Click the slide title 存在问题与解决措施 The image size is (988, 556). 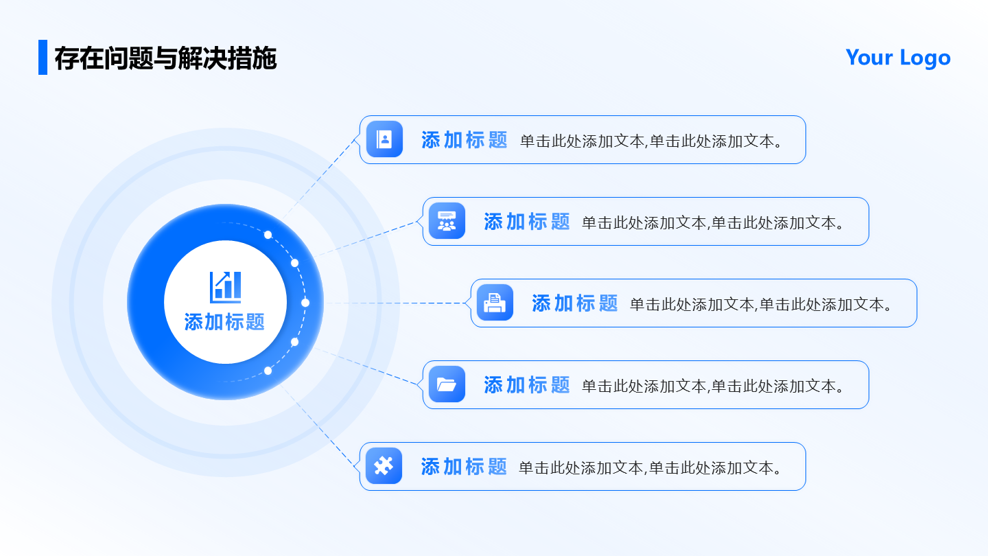(165, 58)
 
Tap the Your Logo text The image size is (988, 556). (897, 58)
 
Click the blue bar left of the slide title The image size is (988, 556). (43, 57)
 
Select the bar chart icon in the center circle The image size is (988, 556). (225, 286)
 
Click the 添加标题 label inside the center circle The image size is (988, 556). (224, 322)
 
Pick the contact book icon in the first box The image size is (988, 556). (384, 139)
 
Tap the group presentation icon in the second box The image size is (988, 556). (447, 221)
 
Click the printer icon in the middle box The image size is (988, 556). (495, 303)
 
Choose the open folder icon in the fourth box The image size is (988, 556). (447, 384)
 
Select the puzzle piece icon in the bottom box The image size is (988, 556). (384, 466)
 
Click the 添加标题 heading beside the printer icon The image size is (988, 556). (574, 303)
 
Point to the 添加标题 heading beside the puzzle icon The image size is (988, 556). (464, 467)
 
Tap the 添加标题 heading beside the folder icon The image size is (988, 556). (526, 385)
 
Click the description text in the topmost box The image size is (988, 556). (651, 141)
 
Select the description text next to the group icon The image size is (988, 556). (713, 222)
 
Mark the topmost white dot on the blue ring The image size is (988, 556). (268, 235)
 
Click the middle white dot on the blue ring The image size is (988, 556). (305, 303)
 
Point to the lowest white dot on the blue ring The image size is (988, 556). (268, 371)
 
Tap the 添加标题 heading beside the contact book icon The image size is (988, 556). (464, 140)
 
